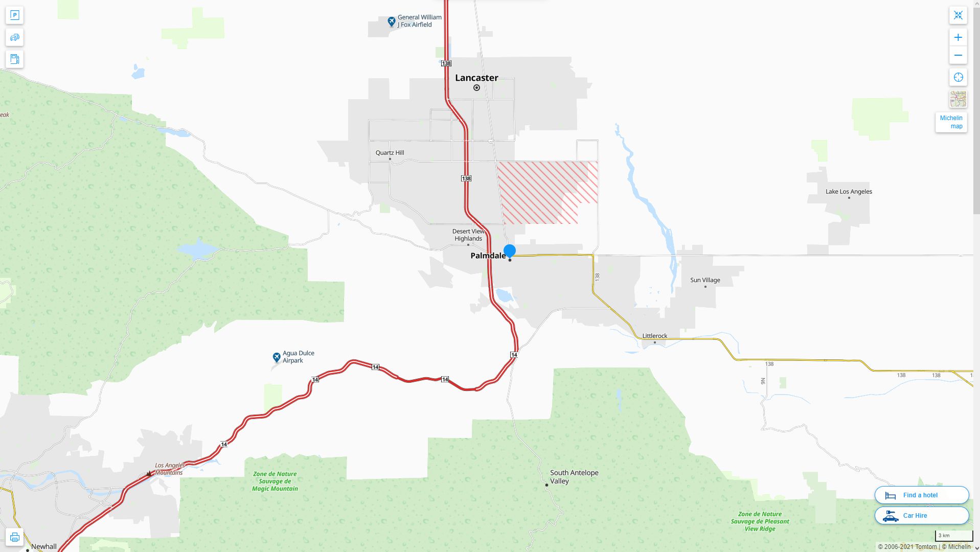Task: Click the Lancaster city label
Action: point(476,78)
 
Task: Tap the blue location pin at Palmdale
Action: point(509,250)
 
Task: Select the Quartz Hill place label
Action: point(390,153)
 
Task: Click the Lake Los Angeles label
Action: point(849,192)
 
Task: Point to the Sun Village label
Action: point(705,280)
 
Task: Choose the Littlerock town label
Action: point(654,336)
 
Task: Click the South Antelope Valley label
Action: point(574,477)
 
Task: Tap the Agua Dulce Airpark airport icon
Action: point(277,357)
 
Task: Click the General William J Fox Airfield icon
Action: point(391,21)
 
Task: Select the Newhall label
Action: point(44,546)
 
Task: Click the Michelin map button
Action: point(951,122)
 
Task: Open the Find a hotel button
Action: point(921,495)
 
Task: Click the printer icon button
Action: point(14,537)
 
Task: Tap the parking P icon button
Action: point(14,15)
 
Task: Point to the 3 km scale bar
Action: point(953,536)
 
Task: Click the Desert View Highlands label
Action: point(468,235)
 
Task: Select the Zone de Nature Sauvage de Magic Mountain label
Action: point(275,481)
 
